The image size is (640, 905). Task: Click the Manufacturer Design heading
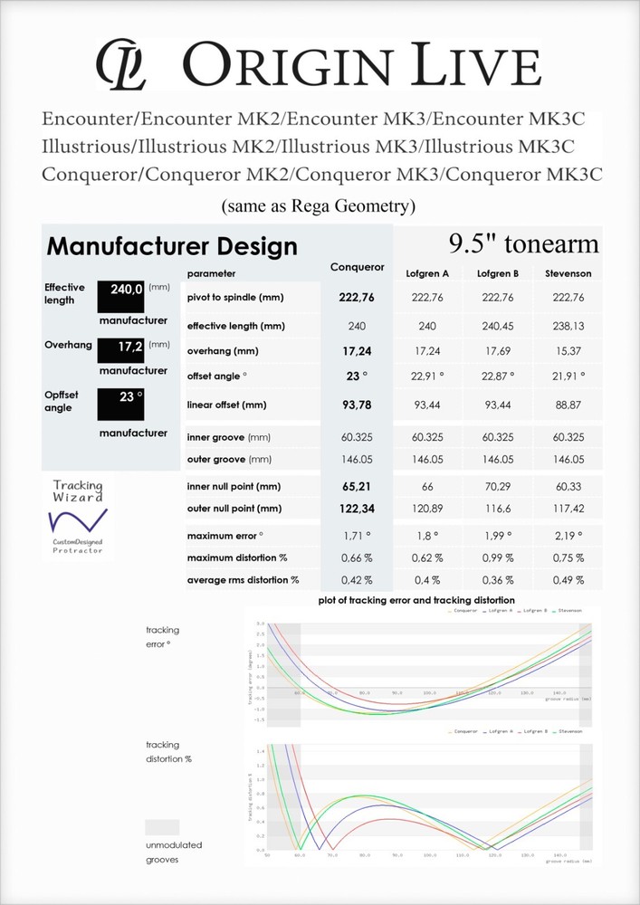coord(172,246)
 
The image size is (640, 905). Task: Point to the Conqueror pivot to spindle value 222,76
coord(356,298)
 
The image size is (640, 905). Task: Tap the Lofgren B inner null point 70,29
coord(496,487)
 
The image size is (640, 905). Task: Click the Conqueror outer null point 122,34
coord(356,509)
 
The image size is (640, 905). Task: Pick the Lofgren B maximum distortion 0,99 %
coord(496,557)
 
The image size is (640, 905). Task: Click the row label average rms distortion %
coord(243,579)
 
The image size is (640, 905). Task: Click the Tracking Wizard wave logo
coord(78,520)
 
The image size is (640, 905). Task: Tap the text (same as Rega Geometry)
coord(319,206)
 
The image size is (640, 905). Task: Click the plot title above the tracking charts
coord(417,600)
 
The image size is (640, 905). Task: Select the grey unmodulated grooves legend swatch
coord(162,827)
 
